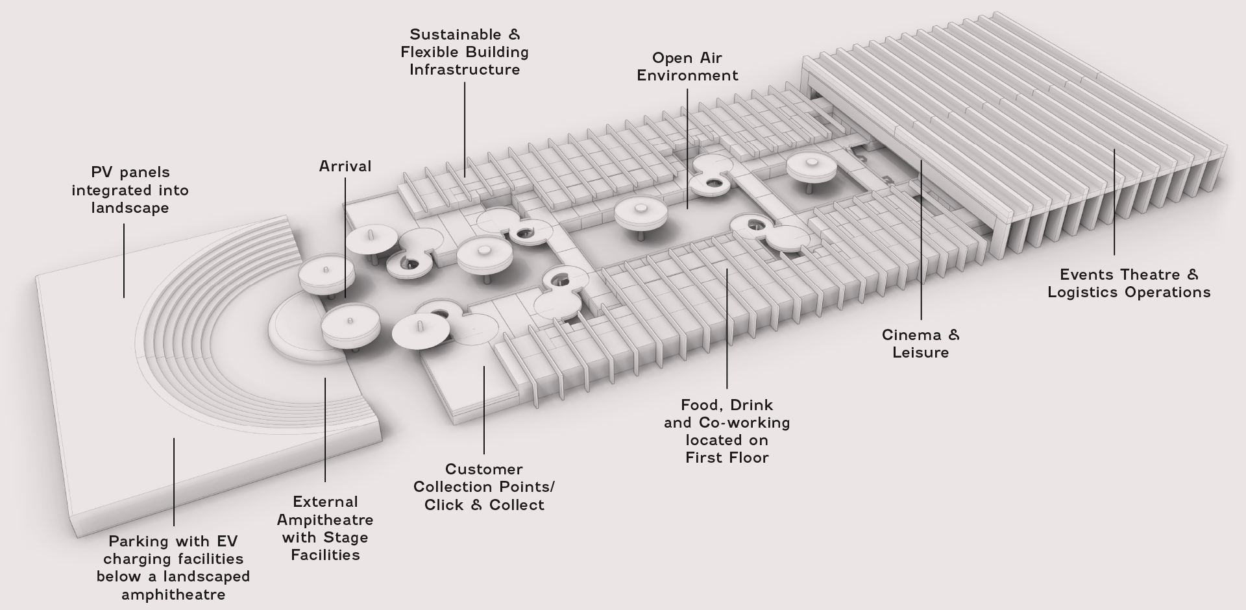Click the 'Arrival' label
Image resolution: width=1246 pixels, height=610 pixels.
(345, 166)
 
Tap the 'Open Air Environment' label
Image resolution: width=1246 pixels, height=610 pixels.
(687, 67)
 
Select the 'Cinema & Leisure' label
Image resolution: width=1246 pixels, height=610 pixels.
(920, 344)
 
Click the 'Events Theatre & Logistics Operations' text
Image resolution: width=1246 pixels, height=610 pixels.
(1129, 284)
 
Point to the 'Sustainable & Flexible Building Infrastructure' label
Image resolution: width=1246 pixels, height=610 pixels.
(465, 52)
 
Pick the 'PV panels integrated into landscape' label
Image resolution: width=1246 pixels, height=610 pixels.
(130, 190)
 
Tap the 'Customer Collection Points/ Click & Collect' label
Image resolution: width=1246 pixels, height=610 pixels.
(484, 487)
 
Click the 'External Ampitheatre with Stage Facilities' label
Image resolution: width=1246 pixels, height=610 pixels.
(325, 528)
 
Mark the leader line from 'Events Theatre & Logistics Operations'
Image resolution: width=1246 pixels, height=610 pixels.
(1114, 201)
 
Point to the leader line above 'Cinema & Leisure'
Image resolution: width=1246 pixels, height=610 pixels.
(922, 240)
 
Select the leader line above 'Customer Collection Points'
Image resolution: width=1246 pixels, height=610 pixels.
(484, 409)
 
